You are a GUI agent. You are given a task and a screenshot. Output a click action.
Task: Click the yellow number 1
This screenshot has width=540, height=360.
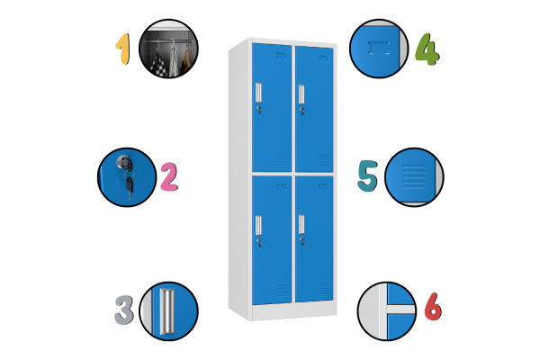coord(123,49)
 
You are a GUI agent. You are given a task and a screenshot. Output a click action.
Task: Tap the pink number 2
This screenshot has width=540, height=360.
coord(169,177)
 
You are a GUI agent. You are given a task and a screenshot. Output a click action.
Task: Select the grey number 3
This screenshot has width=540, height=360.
coord(124,310)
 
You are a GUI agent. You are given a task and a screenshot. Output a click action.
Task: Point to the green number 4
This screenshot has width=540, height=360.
coord(427,49)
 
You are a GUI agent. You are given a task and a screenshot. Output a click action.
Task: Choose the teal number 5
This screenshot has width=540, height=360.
coord(367,175)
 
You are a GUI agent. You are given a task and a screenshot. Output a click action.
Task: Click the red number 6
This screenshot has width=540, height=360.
coord(433,306)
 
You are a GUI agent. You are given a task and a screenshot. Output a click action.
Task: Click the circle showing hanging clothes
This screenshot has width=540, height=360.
coord(169,49)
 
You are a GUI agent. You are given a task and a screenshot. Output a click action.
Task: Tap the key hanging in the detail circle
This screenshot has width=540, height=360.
coord(130,186)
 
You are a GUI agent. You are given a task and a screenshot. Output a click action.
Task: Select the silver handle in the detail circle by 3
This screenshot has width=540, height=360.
coord(167,311)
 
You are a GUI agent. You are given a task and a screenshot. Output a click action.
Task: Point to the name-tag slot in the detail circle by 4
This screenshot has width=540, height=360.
coord(379,48)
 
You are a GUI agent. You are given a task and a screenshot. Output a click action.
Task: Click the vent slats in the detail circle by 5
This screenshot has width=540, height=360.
coord(414,176)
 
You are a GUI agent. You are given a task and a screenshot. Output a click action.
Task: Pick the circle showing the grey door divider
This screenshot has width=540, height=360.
coord(387,311)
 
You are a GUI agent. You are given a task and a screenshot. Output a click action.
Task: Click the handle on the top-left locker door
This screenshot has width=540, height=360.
coord(258,93)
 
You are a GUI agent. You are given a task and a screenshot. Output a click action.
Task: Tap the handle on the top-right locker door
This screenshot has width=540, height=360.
coord(301,94)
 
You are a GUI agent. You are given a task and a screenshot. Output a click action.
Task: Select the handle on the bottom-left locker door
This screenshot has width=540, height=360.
coord(258,225)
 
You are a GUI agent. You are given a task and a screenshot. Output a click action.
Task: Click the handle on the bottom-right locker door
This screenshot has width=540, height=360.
coord(301,225)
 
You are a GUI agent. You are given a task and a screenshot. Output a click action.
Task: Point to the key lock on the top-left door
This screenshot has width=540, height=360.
coord(258,110)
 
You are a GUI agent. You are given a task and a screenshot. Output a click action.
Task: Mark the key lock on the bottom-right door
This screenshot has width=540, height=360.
coord(301,241)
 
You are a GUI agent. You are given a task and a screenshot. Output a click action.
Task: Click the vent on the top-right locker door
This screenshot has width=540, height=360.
coord(324,160)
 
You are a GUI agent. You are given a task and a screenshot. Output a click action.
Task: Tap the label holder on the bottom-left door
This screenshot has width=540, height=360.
coord(282,187)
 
